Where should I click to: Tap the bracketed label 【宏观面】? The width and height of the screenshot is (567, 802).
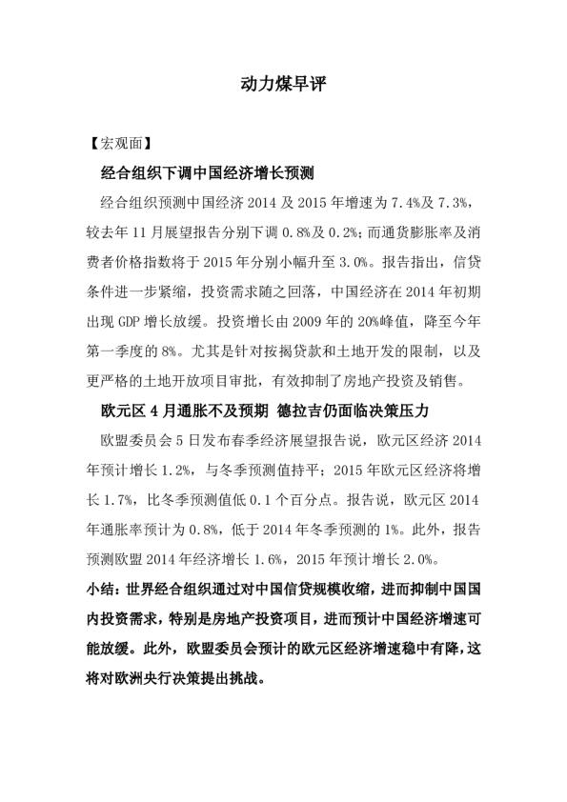click(x=117, y=145)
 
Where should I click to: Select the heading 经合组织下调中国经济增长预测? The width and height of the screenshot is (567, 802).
click(x=214, y=174)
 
